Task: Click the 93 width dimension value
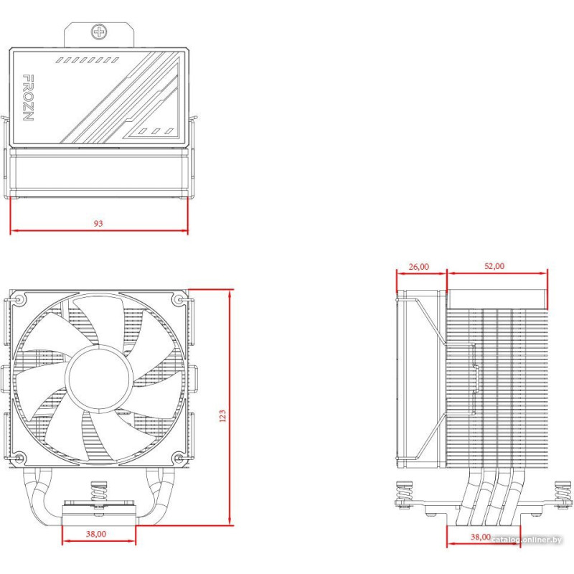click(x=98, y=223)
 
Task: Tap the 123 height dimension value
click(x=222, y=416)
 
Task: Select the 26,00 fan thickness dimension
click(x=419, y=267)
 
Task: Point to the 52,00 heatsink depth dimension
click(x=494, y=266)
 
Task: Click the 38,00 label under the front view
click(x=96, y=534)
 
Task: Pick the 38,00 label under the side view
click(x=480, y=537)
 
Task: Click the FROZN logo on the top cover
click(x=28, y=98)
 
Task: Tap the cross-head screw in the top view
click(x=99, y=32)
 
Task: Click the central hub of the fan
click(x=99, y=377)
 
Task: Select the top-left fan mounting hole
click(x=19, y=300)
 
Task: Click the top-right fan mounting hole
click(x=179, y=300)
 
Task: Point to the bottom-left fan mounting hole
click(x=19, y=458)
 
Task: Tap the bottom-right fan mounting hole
click(x=179, y=458)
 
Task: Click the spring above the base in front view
click(x=99, y=491)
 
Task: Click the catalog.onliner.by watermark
click(x=527, y=540)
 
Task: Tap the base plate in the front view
click(x=99, y=515)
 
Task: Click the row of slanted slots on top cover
click(x=87, y=60)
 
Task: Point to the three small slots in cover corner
click(x=156, y=131)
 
